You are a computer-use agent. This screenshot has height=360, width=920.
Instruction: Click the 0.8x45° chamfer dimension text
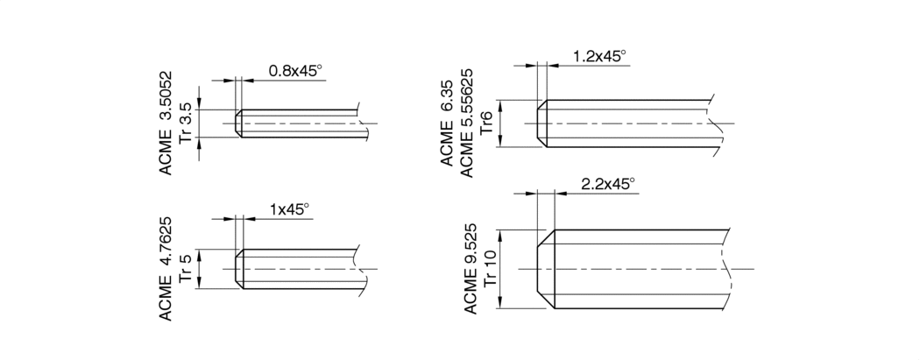[x=295, y=70]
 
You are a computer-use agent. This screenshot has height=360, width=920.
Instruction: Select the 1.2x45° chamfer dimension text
[x=599, y=56]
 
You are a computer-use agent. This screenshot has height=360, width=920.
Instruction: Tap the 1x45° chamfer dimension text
[x=288, y=209]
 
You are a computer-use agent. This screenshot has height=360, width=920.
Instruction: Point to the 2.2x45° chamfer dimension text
[x=608, y=184]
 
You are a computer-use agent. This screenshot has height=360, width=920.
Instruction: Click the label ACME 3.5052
[x=166, y=123]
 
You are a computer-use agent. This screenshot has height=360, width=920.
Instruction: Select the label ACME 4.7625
[x=166, y=269]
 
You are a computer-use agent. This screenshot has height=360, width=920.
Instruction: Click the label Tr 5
[x=186, y=269]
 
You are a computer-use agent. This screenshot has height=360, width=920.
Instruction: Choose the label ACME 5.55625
[x=467, y=123]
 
